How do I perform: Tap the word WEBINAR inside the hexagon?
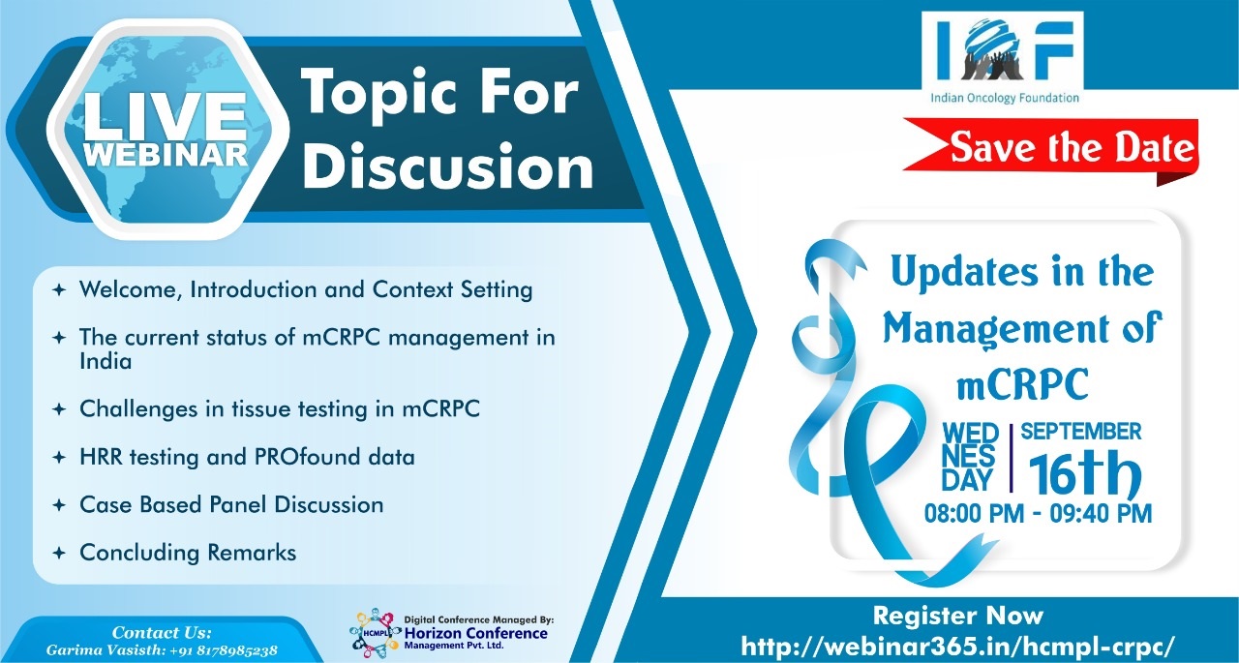click(x=166, y=155)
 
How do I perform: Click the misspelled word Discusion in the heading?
click(x=448, y=166)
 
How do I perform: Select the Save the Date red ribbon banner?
click(x=1051, y=148)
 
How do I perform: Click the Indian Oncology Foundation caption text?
click(x=1005, y=99)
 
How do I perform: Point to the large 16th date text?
click(x=1085, y=474)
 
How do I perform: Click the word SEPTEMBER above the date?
click(x=1081, y=432)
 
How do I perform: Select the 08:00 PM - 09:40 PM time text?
click(x=1038, y=514)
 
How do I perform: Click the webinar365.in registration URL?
click(x=957, y=646)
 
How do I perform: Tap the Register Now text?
click(x=958, y=616)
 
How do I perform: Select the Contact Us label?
click(x=162, y=633)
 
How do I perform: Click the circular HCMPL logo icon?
click(x=375, y=632)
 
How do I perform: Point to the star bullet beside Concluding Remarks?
click(x=59, y=553)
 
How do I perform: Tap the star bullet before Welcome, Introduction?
click(x=59, y=289)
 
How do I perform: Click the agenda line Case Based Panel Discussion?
click(x=231, y=505)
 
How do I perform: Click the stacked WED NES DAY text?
click(x=970, y=457)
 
